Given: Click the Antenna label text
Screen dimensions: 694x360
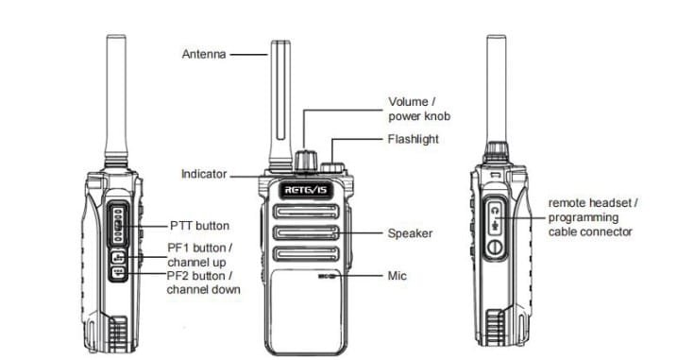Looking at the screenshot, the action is tap(204, 55).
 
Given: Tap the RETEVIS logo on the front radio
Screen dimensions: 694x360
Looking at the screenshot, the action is tap(305, 190).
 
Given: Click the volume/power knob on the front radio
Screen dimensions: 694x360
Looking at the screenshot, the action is tap(305, 161).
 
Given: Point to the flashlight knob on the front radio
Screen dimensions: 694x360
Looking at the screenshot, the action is tap(332, 168).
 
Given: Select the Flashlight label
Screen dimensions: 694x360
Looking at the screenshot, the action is tap(413, 139).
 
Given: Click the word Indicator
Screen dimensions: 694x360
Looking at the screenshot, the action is tap(204, 174).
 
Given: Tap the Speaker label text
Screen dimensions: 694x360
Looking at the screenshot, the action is tap(410, 233).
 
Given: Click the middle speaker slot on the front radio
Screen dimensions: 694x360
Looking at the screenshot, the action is tap(306, 233).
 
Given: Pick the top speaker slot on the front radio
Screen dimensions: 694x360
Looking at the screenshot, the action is tap(306, 212).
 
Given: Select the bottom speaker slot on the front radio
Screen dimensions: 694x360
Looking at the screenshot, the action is tap(306, 254).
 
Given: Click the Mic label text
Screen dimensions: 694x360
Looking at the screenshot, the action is tap(397, 276).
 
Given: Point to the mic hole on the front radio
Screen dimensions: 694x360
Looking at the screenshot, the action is tap(327, 276).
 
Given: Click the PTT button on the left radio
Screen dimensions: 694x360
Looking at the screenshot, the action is tap(118, 225).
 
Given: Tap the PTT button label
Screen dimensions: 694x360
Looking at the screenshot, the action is tap(199, 226).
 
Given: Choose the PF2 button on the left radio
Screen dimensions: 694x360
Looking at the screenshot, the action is tap(118, 273).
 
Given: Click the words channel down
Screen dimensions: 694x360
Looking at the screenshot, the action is tap(204, 289).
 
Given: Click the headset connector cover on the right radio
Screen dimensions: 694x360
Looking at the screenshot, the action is tap(496, 228).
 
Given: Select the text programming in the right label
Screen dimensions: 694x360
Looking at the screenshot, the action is tap(584, 218).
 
